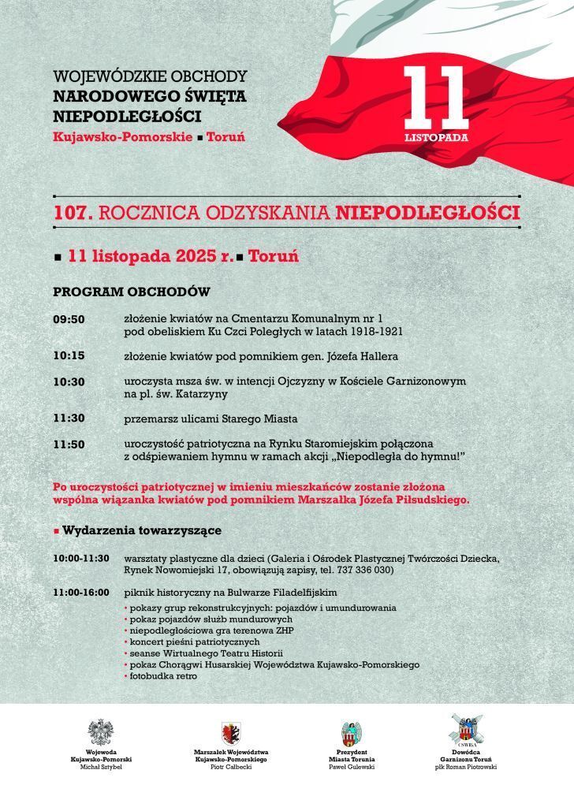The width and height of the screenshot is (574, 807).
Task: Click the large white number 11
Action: click(x=435, y=98)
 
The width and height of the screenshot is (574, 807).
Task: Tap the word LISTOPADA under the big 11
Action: click(x=436, y=136)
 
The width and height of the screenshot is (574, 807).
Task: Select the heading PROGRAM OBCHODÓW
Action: click(x=131, y=292)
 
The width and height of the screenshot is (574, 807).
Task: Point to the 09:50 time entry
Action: click(x=69, y=319)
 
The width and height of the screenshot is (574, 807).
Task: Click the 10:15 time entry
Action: click(x=69, y=355)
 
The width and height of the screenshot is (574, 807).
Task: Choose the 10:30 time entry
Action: click(x=69, y=381)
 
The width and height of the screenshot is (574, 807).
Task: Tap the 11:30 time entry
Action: click(x=69, y=418)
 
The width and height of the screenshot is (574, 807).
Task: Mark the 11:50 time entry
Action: click(x=69, y=444)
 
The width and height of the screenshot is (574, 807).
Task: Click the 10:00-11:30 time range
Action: click(x=81, y=558)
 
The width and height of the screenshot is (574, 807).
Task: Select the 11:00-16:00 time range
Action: click(x=81, y=592)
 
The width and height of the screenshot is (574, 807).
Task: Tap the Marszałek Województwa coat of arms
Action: click(x=231, y=733)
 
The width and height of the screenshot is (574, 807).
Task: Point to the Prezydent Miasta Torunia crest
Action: click(x=351, y=733)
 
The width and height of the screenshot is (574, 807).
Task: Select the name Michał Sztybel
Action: click(x=101, y=766)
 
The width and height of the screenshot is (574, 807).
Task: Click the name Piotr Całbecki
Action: click(x=231, y=766)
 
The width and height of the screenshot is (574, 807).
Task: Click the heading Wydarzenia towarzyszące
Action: click(x=142, y=530)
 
